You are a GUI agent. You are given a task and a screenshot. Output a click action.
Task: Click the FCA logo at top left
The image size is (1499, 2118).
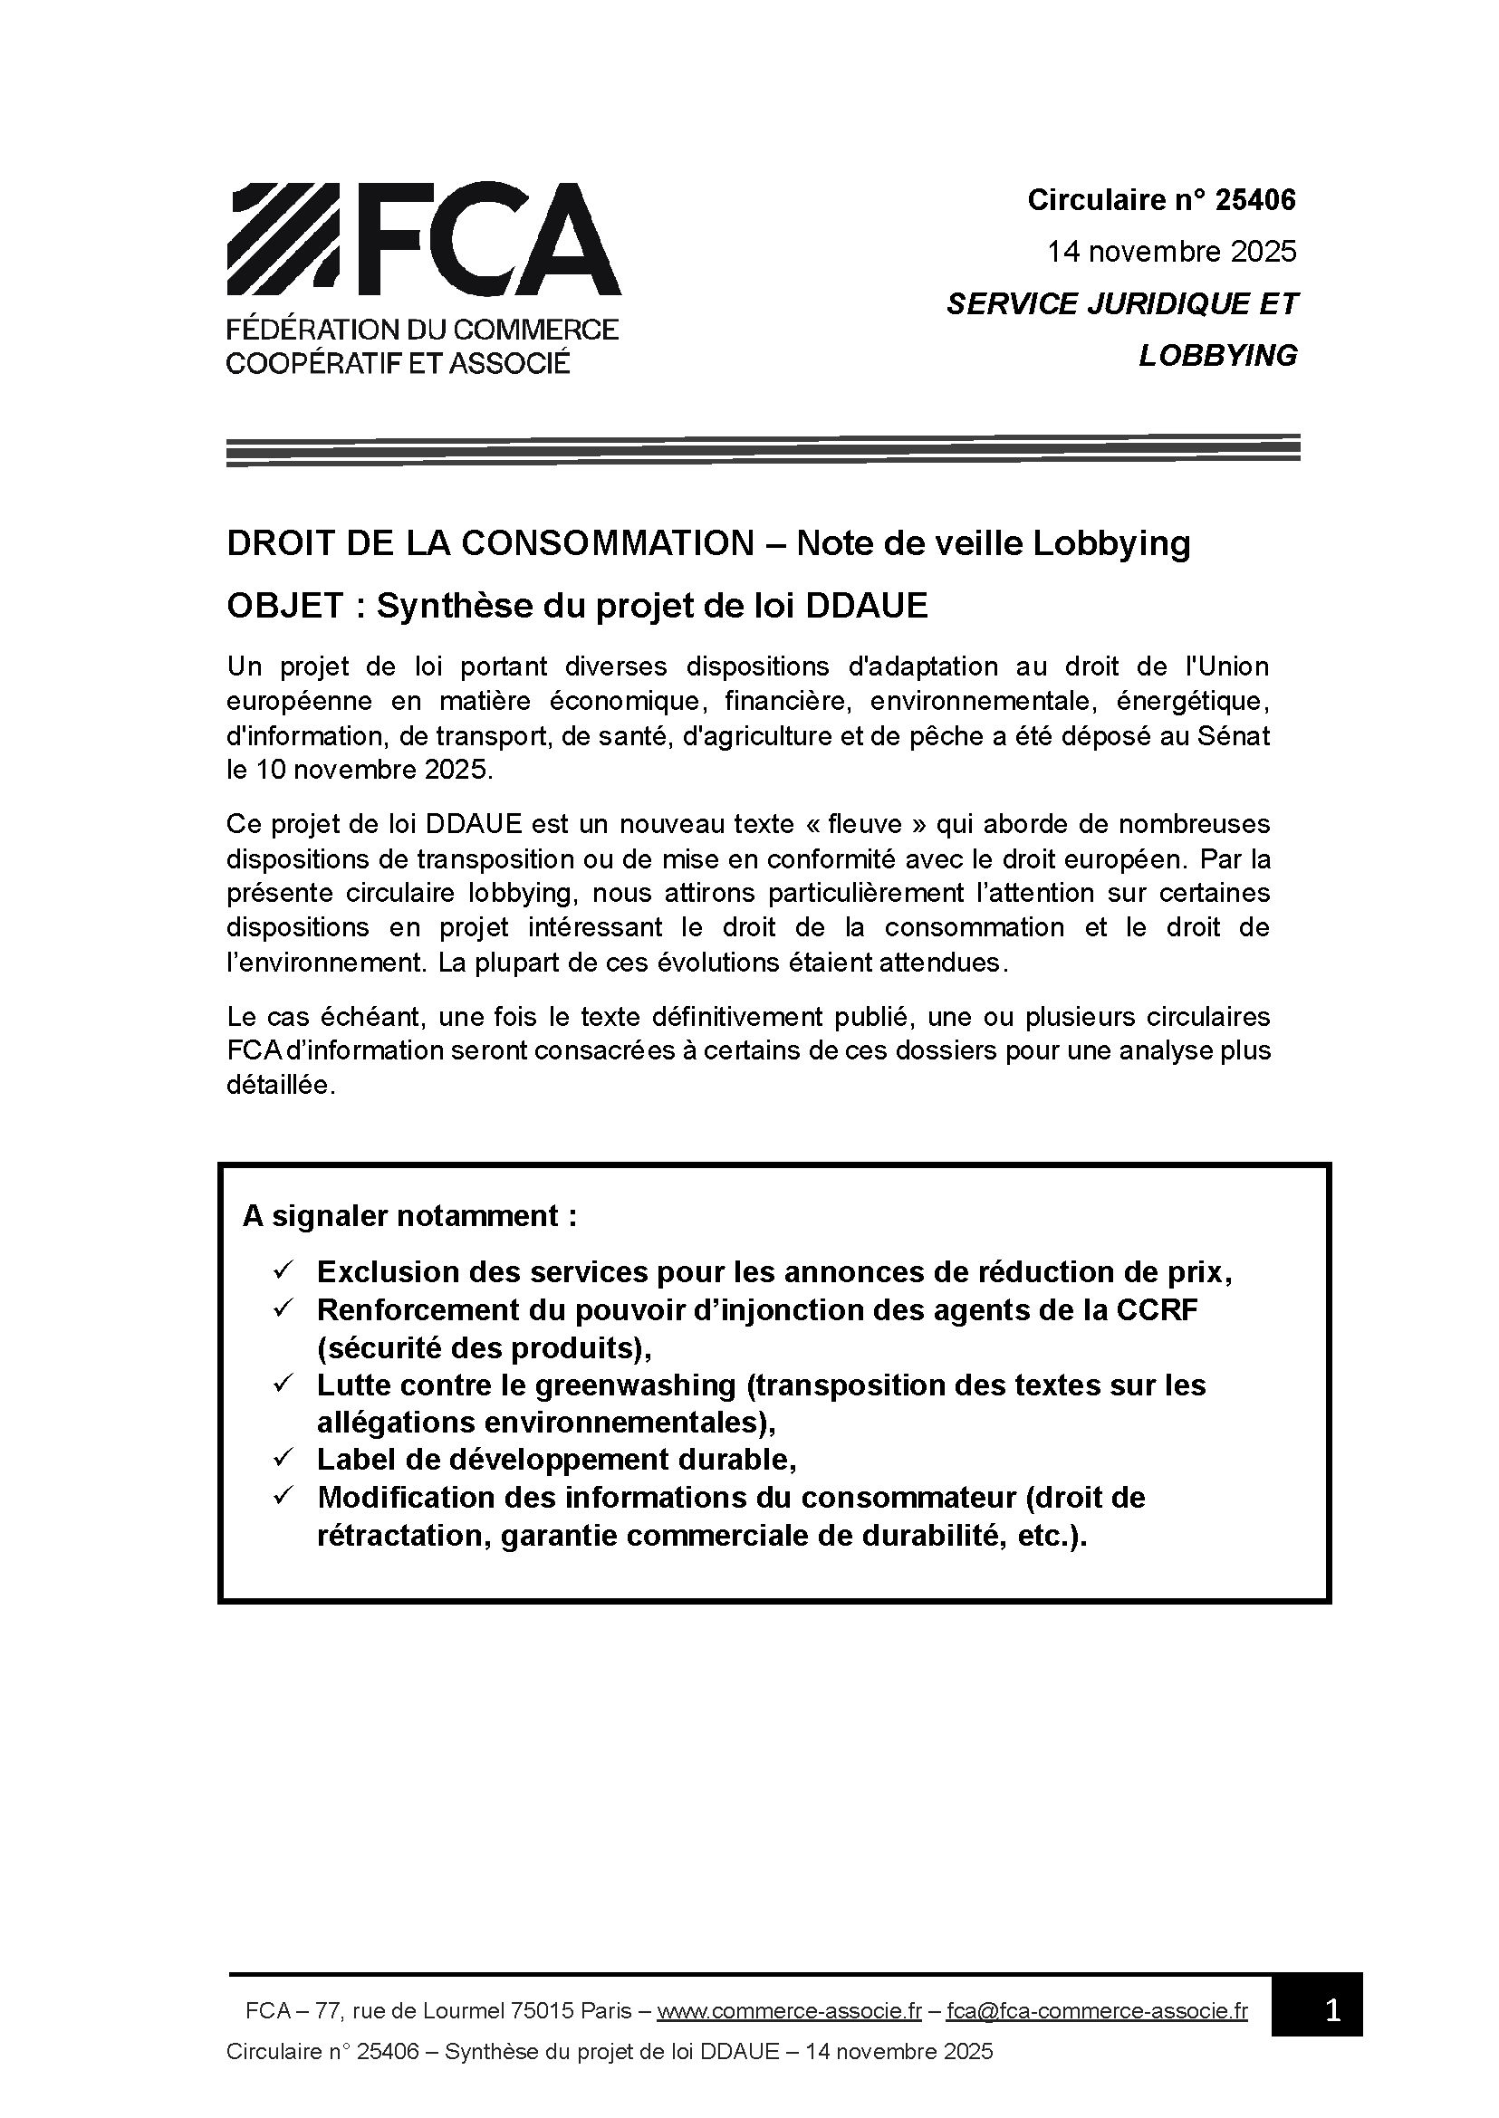coord(423,277)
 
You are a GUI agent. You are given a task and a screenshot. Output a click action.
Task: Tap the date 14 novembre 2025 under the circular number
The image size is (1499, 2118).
coord(1171,251)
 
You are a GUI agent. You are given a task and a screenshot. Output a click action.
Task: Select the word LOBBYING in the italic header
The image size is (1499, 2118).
coord(1217,356)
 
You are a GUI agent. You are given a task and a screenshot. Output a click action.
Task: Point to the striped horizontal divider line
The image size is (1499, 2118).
coord(763,449)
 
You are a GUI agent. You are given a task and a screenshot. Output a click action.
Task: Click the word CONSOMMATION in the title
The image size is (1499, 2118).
coord(608,543)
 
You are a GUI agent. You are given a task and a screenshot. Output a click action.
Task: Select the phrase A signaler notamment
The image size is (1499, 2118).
coord(408,1216)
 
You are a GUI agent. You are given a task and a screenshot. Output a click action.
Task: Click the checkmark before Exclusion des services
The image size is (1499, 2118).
coord(283,1270)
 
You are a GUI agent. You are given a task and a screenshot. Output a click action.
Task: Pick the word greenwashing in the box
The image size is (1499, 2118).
coord(635,1385)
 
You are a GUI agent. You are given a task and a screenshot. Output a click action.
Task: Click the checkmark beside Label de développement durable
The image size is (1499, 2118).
coord(283,1459)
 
